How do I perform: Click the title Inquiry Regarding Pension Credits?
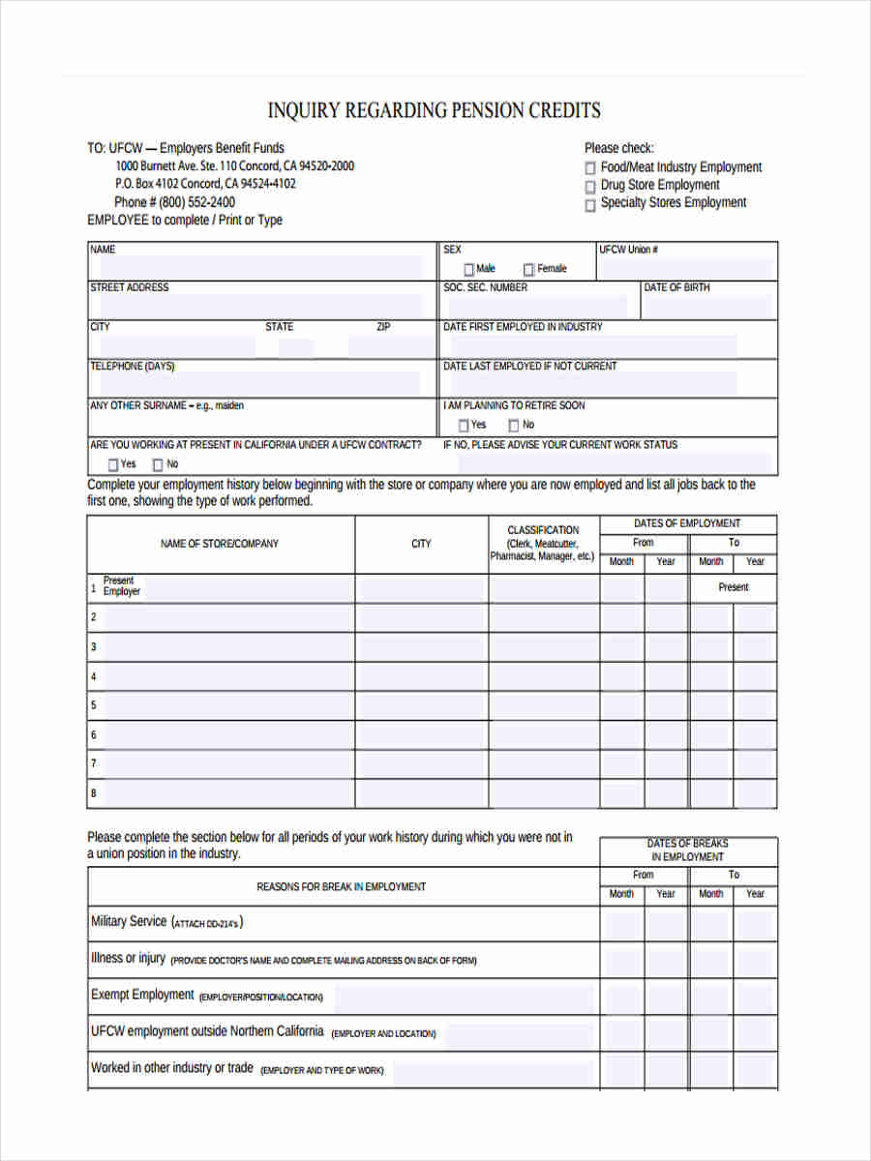coord(434,110)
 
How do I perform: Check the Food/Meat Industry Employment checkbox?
coord(590,168)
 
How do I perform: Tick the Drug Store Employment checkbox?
coord(590,186)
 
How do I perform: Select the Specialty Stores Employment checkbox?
coord(590,204)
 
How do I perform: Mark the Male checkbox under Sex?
coord(469,270)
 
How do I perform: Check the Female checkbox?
coord(529,270)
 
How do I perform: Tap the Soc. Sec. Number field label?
coord(485,288)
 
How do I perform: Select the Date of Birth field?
coord(709,307)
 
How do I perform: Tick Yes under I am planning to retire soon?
coord(464,426)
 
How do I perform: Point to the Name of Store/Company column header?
coord(220,544)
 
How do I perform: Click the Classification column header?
coord(543,543)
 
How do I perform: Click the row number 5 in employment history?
coord(94,705)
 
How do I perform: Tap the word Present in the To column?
coord(733,587)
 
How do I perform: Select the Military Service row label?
coord(129,922)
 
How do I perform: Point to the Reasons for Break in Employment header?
coord(341,886)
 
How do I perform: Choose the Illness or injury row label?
coord(128,959)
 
